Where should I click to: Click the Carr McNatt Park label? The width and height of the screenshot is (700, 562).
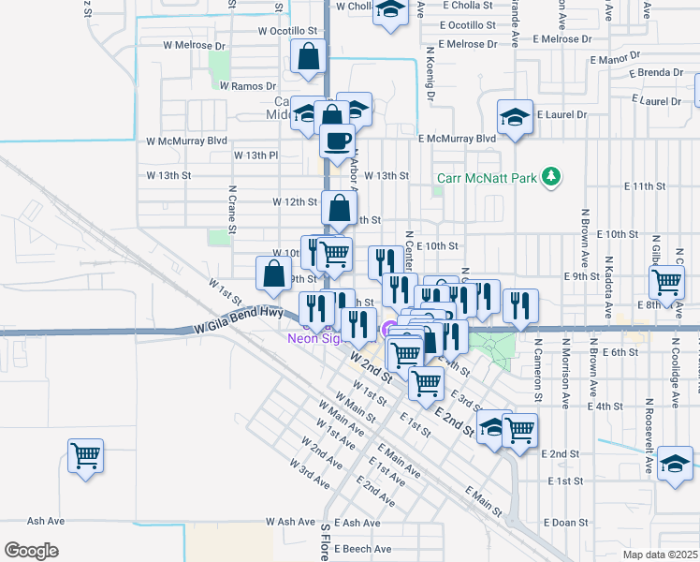click(x=488, y=177)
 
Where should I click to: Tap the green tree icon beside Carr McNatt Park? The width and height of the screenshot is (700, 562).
click(x=552, y=175)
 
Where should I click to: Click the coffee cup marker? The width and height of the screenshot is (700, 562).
click(x=337, y=140)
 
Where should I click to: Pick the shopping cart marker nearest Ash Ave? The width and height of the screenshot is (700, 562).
click(x=85, y=456)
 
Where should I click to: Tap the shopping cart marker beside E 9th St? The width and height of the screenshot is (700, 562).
click(x=666, y=281)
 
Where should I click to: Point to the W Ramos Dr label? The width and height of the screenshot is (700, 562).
click(x=245, y=86)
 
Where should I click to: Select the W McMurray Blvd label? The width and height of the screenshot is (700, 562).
click(x=187, y=140)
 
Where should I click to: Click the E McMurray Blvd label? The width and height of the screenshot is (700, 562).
click(x=457, y=139)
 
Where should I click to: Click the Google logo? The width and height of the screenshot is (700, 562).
click(x=31, y=551)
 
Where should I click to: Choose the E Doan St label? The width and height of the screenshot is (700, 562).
click(x=564, y=522)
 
